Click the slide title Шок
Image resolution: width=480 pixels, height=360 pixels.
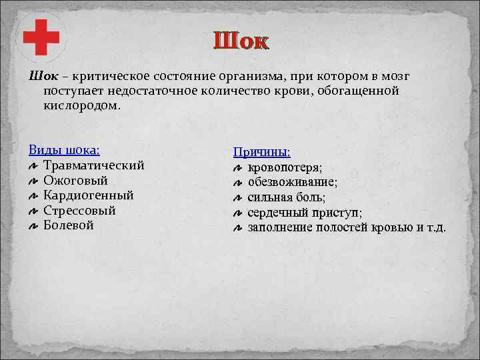point(241,41)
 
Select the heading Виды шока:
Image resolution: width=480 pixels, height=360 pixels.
point(65,150)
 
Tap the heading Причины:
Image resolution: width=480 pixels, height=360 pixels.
point(261,152)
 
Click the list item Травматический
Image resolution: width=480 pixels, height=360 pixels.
point(93,165)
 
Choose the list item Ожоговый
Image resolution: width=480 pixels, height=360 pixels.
point(75,180)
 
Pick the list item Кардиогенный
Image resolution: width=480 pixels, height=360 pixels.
point(88,195)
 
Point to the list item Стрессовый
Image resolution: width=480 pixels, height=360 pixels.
point(79,211)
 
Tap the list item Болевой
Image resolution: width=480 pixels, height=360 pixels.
point(69,225)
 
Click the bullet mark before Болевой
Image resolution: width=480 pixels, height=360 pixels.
point(33,227)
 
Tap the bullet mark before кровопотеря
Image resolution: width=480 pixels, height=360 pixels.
point(238,168)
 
